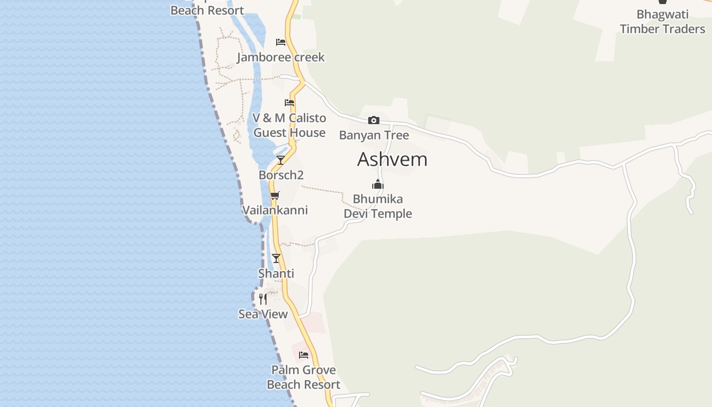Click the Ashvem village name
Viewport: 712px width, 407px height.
click(392, 160)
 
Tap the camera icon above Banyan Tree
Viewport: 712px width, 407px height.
click(374, 121)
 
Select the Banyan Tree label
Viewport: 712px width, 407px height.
click(374, 135)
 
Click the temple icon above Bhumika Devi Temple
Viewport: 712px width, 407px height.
click(378, 184)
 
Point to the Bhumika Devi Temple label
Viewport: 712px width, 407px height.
click(378, 206)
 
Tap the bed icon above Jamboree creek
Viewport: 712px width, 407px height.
click(281, 42)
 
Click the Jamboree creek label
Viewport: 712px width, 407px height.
click(281, 57)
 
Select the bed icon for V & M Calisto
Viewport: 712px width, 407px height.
click(289, 103)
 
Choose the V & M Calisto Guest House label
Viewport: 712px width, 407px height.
click(289, 125)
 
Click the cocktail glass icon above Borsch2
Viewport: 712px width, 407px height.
click(280, 160)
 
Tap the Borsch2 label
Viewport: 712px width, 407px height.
click(281, 175)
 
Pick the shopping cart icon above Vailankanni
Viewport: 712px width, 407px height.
click(275, 195)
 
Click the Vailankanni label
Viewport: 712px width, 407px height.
click(275, 210)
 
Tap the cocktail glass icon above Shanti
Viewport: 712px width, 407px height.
click(276, 258)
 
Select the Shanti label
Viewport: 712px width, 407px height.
click(276, 274)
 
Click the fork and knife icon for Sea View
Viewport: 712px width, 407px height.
click(263, 299)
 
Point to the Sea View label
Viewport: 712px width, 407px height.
click(263, 314)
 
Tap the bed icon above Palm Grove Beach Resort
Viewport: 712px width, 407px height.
click(304, 355)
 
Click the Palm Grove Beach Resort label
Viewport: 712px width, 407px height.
click(304, 377)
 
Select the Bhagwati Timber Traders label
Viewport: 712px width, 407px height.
click(662, 21)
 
